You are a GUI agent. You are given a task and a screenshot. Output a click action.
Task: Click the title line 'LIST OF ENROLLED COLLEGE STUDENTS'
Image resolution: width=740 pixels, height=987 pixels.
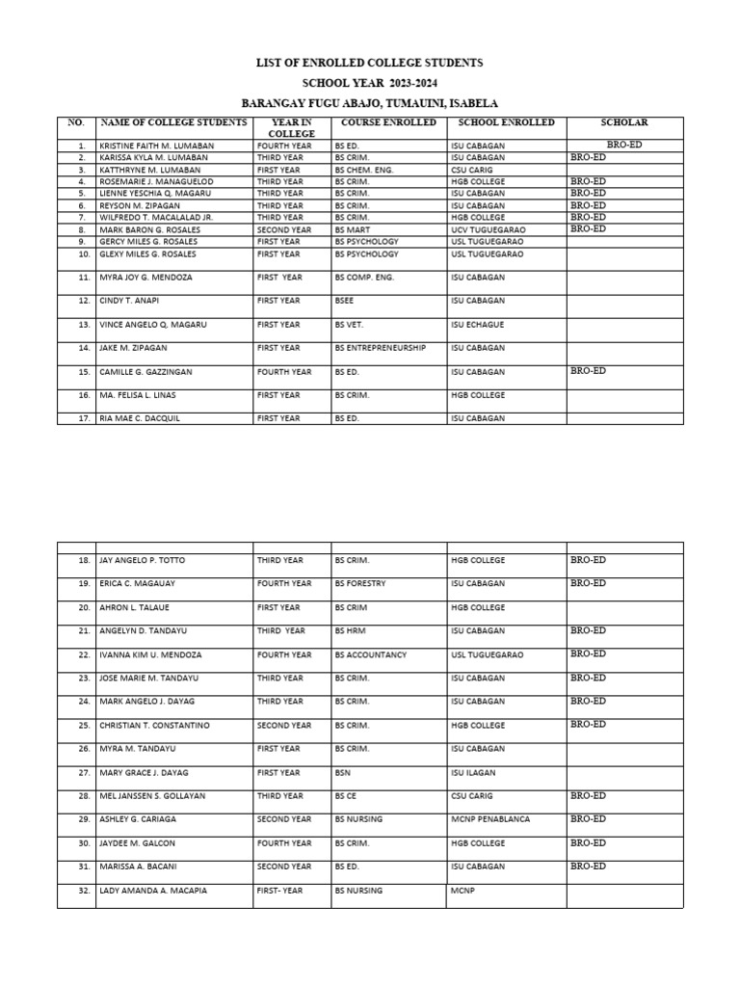(370, 63)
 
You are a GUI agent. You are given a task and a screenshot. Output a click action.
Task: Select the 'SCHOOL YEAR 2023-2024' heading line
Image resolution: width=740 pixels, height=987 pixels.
(370, 83)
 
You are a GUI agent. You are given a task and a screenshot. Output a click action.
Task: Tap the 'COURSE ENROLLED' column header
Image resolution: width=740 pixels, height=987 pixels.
(388, 123)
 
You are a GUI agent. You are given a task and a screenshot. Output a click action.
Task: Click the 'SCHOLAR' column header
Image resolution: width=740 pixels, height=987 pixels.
(624, 123)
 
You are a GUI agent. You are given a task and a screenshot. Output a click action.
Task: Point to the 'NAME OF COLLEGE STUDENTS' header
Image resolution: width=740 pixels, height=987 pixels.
(174, 123)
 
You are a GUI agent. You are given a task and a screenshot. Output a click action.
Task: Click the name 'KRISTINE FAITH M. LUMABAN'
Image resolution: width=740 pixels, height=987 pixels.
(156, 146)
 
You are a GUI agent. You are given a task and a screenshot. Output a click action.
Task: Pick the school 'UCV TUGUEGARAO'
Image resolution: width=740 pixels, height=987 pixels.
(487, 229)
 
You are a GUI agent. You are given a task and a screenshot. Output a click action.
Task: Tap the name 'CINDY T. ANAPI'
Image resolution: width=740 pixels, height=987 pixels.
(129, 301)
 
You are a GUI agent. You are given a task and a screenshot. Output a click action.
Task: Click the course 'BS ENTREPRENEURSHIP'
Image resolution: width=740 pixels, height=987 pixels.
(380, 348)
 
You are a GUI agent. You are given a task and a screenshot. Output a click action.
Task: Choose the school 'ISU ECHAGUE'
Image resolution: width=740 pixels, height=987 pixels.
(476, 325)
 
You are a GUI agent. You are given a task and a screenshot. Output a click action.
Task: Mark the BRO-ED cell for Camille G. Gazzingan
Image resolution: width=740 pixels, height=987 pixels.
(588, 370)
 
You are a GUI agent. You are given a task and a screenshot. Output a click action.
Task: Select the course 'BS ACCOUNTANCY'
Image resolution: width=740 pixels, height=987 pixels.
(371, 654)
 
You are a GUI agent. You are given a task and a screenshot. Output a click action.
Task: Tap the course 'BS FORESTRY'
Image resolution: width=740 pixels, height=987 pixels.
(361, 584)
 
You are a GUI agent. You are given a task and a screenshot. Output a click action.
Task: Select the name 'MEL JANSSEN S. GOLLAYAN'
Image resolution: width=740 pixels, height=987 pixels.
(152, 796)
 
